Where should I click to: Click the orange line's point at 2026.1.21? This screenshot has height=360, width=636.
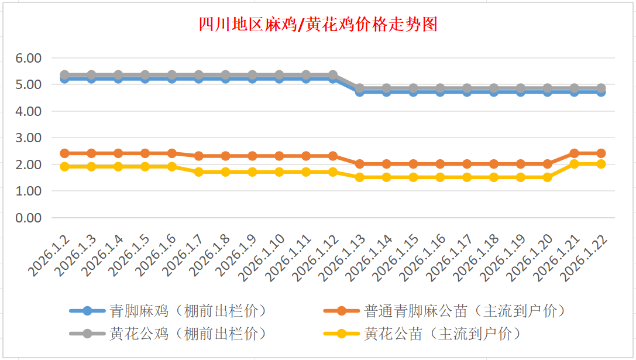[574, 153]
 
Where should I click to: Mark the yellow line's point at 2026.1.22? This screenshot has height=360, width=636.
[601, 164]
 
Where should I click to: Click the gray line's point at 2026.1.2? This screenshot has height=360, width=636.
[65, 75]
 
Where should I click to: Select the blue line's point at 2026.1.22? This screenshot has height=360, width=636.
[601, 91]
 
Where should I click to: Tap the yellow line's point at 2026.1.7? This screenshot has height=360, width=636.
[199, 172]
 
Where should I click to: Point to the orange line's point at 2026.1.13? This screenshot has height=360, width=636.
[360, 164]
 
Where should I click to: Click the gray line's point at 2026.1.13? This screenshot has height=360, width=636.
[360, 88]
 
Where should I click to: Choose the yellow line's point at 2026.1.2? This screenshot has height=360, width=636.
[65, 166]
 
